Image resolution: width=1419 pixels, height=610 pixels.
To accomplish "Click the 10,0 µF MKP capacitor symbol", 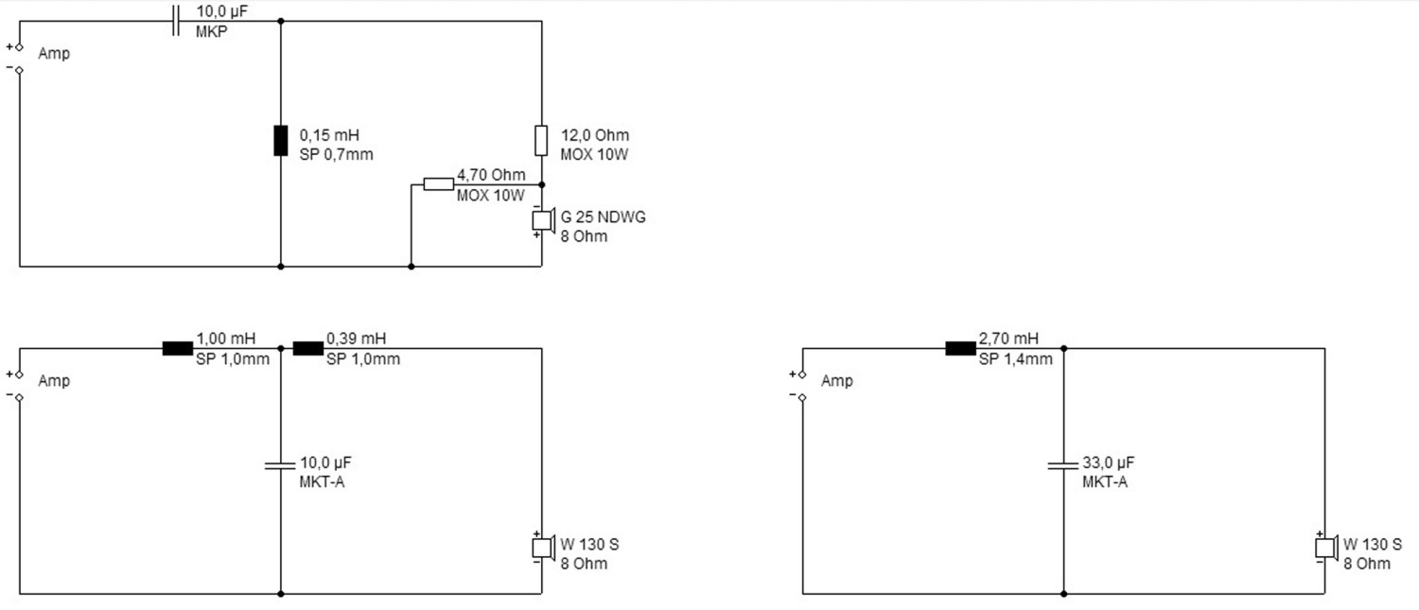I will coord(175,21).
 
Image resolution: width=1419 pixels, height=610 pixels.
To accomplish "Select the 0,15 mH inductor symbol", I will coord(281,140).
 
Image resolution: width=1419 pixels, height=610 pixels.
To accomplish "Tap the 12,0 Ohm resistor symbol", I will coord(541,140).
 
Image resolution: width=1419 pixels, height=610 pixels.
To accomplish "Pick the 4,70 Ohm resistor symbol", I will coord(438,183).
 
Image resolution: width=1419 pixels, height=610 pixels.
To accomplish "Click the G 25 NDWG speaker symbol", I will coord(542,220).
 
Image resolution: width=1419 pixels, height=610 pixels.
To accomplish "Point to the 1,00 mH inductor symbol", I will coord(177,348).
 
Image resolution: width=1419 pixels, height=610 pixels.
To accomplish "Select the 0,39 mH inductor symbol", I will coord(307,348).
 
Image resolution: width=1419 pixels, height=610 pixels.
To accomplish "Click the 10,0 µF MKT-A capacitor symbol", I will coord(281,464).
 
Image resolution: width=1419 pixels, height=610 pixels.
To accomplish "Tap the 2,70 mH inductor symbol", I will coord(960,348).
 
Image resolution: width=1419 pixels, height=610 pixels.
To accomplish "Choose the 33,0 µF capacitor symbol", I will coord(1063,464).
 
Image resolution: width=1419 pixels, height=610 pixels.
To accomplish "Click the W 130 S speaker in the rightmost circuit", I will coord(1324,548).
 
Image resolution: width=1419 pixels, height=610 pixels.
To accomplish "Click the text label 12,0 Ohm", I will coord(594,135).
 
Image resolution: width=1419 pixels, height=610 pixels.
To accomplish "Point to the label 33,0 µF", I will coord(1108,463).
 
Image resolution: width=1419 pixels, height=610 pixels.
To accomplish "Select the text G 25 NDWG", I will coord(604,218).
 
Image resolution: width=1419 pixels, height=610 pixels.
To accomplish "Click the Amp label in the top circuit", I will coord(54,54).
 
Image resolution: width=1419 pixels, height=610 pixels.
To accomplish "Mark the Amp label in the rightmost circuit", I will coord(837,381).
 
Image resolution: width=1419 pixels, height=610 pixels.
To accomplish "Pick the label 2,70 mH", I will coord(1008,339).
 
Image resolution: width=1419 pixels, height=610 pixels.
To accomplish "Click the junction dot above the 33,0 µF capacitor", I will coord(1063,348).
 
